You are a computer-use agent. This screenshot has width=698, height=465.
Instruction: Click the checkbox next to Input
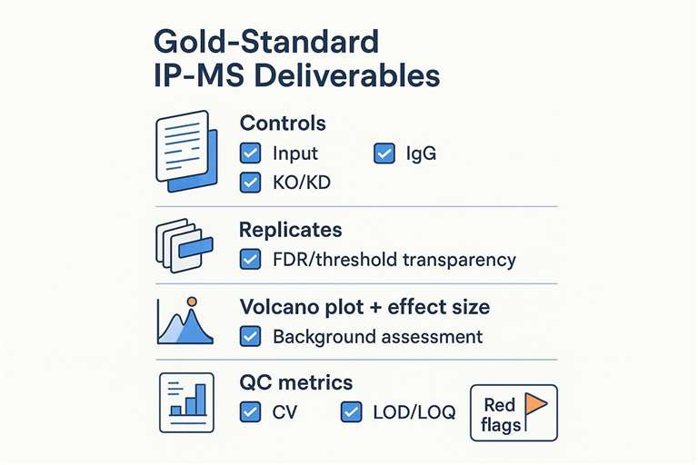[x=250, y=153]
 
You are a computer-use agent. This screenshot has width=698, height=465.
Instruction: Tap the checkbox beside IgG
[x=384, y=153]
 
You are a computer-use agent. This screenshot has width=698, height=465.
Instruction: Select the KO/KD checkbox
[x=250, y=182]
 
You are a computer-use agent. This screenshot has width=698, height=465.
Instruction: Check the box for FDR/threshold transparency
[x=250, y=260]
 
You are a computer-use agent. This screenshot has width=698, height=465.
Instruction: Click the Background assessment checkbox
[x=250, y=337]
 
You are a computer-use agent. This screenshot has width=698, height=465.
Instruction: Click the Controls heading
[x=282, y=124]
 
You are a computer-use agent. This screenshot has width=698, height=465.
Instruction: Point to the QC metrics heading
[x=295, y=382]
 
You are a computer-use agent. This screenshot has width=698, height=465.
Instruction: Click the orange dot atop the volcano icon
[x=191, y=302]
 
